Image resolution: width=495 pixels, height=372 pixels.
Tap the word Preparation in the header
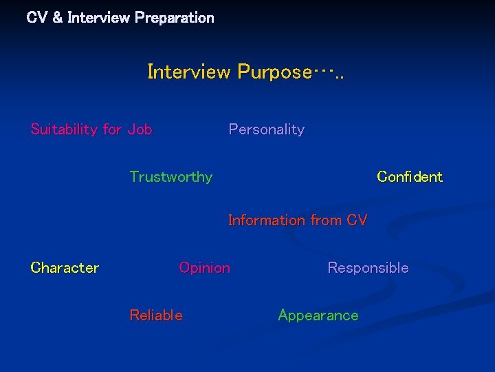pos(175,18)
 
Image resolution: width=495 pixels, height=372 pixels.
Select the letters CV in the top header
pos(36,18)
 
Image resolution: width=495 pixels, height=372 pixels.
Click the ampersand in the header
pos(57,18)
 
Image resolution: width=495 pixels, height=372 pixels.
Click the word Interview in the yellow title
pos(189,72)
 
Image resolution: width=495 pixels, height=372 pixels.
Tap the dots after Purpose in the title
pos(329,72)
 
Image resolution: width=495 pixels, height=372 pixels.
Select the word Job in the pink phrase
pos(140,130)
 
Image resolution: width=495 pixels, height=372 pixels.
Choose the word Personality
pos(266,130)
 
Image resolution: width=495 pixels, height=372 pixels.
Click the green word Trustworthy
pos(171,177)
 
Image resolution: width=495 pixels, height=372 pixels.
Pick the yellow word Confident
pos(410,177)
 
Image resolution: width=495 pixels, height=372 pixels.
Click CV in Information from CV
pos(357,220)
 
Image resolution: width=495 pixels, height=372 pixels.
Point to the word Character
pos(65,268)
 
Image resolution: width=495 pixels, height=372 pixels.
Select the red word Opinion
pos(204,268)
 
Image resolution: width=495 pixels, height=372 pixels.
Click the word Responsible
pos(368,268)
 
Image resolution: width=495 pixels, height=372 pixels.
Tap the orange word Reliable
pos(156,316)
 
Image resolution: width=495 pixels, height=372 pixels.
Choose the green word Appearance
pos(318,316)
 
